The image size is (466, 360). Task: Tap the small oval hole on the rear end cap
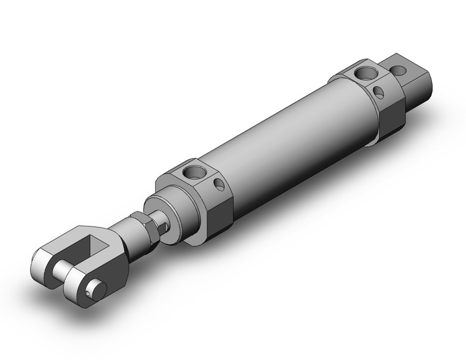[x=380, y=93]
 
